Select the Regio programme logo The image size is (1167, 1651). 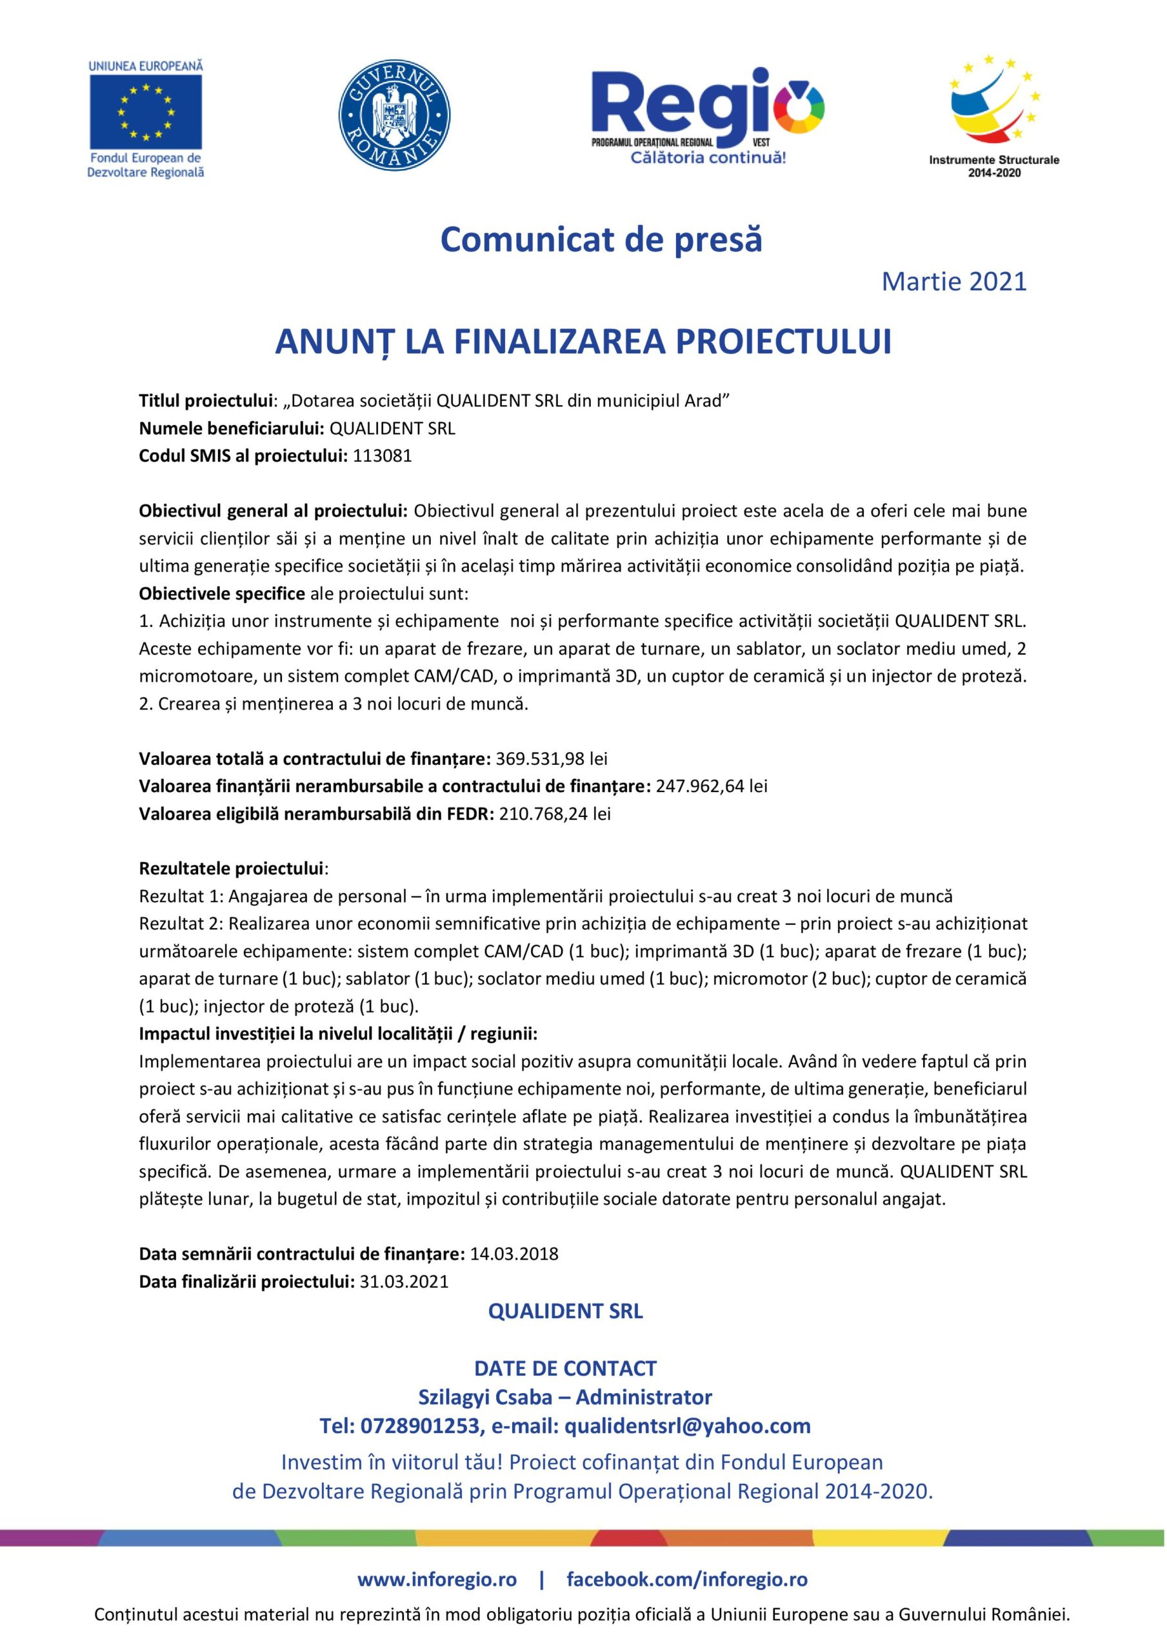(x=708, y=115)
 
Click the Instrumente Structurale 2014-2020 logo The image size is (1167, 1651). (x=993, y=115)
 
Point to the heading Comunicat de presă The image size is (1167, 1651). (x=601, y=239)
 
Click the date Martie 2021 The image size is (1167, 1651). (x=954, y=282)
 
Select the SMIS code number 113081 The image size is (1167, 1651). (x=383, y=456)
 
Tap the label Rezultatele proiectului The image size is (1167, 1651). (x=231, y=869)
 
